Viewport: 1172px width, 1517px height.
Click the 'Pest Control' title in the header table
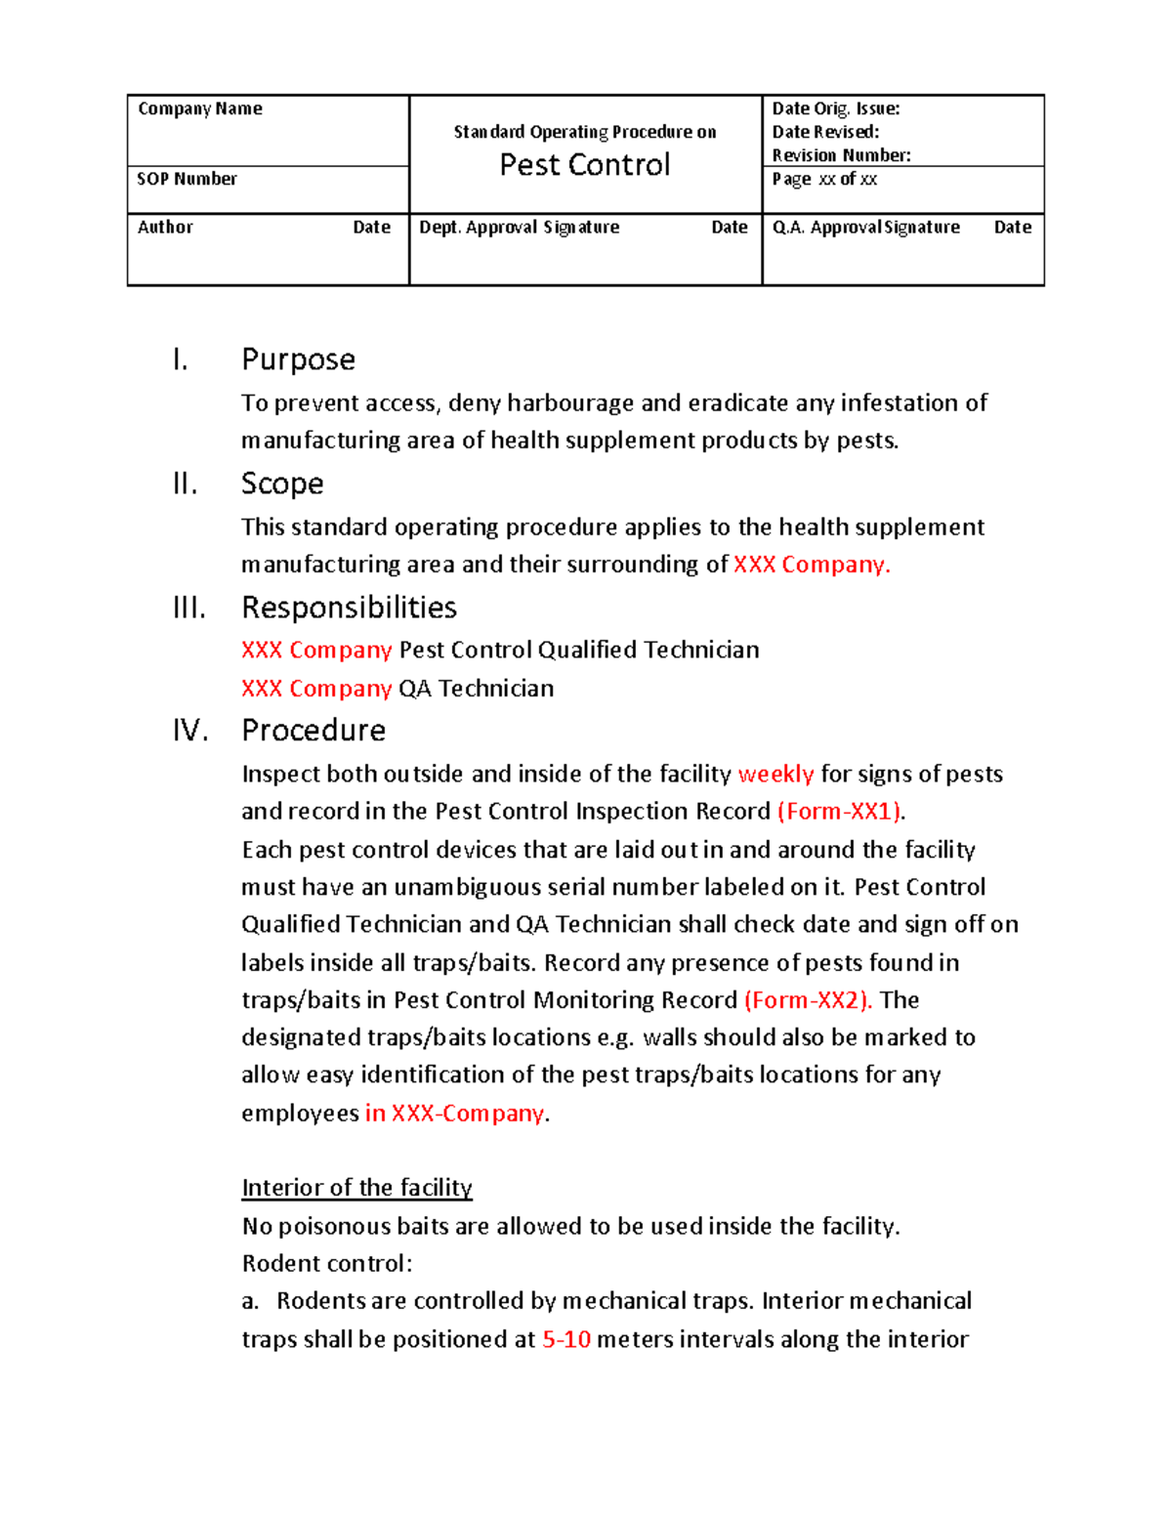584,165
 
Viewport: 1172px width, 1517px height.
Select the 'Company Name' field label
200,108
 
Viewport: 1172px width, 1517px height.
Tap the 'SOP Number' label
187,179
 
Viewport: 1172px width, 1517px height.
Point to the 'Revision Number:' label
841,155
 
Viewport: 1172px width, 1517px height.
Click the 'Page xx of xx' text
824,179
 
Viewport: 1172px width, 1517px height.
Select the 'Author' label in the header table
165,227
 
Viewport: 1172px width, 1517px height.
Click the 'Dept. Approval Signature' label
519,227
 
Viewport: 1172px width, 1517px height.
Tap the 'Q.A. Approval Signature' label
865,227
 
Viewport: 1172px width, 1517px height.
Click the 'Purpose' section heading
298,359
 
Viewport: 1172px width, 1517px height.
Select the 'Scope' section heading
282,484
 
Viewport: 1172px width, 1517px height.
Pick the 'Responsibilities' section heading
349,608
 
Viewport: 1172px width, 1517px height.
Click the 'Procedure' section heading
314,731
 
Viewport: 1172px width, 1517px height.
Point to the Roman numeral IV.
190,731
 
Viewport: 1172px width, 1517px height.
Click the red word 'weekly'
775,775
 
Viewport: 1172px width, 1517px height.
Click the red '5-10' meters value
566,1339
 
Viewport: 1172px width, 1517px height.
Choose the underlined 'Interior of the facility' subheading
356,1188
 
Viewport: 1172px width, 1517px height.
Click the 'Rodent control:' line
326,1264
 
